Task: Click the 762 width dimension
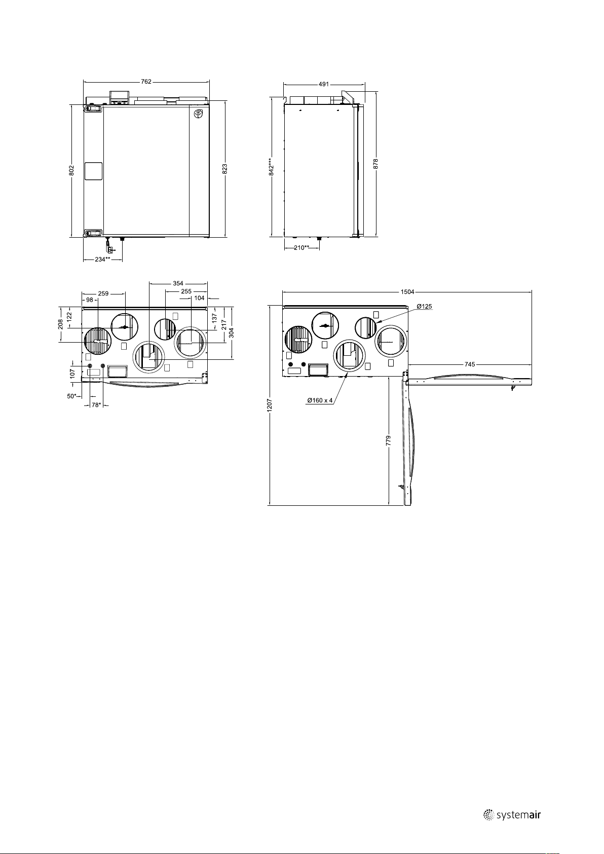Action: tap(146, 82)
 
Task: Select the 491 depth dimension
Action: tap(323, 84)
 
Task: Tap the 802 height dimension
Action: tap(71, 170)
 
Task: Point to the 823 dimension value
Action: tap(225, 169)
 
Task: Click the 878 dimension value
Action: tap(376, 164)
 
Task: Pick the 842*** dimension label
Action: tap(271, 167)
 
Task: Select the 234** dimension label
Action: tap(103, 259)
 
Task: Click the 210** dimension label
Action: tap(301, 248)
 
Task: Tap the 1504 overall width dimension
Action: tap(407, 292)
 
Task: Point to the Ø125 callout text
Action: tap(425, 307)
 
